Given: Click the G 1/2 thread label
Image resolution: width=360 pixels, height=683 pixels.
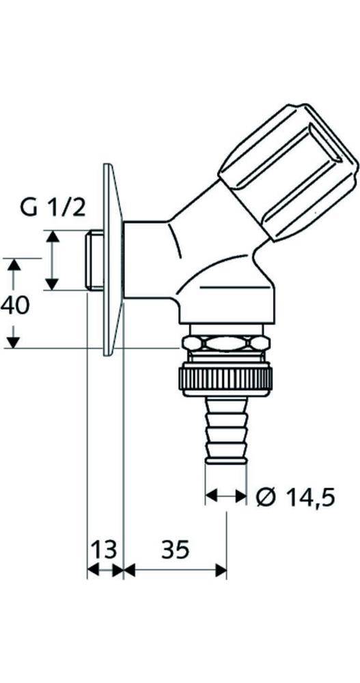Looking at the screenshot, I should (x=53, y=207).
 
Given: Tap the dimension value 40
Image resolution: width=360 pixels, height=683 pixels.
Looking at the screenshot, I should (x=15, y=305).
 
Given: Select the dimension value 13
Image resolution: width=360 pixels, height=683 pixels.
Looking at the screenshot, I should (x=105, y=548).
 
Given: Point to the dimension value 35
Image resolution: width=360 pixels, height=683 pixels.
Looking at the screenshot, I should (x=175, y=548).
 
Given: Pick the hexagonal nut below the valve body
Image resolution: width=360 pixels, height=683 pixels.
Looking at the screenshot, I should (x=225, y=345).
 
